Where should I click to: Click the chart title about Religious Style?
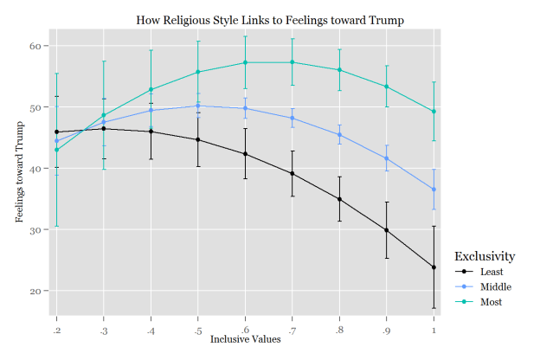[270, 19]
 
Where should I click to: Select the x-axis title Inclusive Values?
[245, 338]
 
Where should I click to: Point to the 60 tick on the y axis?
[41, 46]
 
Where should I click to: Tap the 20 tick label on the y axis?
[41, 292]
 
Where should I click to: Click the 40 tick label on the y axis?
[41, 169]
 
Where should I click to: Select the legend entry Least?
[490, 272]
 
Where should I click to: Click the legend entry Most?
[489, 302]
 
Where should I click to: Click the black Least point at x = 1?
[434, 267]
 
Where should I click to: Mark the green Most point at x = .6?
[245, 62]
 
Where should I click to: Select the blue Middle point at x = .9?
[386, 158]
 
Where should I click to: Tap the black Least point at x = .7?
[292, 174]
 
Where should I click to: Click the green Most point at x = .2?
[56, 150]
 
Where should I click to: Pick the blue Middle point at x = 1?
[434, 190]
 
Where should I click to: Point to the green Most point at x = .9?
[386, 87]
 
